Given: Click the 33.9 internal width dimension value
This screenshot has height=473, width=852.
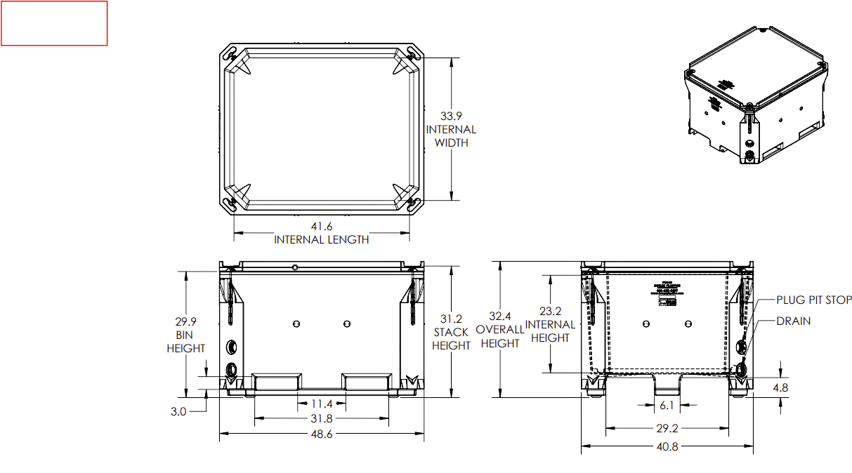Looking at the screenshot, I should (451, 116).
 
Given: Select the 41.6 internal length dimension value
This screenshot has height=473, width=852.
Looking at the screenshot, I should (321, 226).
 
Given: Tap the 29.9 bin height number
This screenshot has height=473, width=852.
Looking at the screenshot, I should (185, 321).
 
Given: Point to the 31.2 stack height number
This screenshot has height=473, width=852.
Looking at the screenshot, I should (451, 319).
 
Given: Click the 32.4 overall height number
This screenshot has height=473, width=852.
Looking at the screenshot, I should (499, 316).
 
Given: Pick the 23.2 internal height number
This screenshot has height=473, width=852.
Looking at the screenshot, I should (550, 311).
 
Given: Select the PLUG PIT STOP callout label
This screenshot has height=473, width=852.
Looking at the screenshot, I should (813, 300).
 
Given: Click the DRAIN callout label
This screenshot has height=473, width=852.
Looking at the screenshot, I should (793, 321).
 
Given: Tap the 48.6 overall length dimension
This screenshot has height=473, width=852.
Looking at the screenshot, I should (321, 434).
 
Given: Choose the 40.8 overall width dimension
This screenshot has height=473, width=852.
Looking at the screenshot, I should (667, 446).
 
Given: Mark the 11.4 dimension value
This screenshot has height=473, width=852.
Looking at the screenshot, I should (321, 404).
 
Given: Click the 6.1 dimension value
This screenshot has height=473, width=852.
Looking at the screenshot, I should (667, 405).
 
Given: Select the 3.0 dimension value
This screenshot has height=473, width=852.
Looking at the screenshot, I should (178, 411).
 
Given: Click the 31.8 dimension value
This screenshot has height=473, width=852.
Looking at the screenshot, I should (321, 419).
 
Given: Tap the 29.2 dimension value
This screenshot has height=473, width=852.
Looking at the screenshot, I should (667, 428).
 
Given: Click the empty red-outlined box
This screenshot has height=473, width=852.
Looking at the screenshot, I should (54, 23).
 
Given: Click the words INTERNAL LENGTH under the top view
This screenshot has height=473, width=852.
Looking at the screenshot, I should (321, 239).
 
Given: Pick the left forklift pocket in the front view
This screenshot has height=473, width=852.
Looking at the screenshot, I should (278, 382).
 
